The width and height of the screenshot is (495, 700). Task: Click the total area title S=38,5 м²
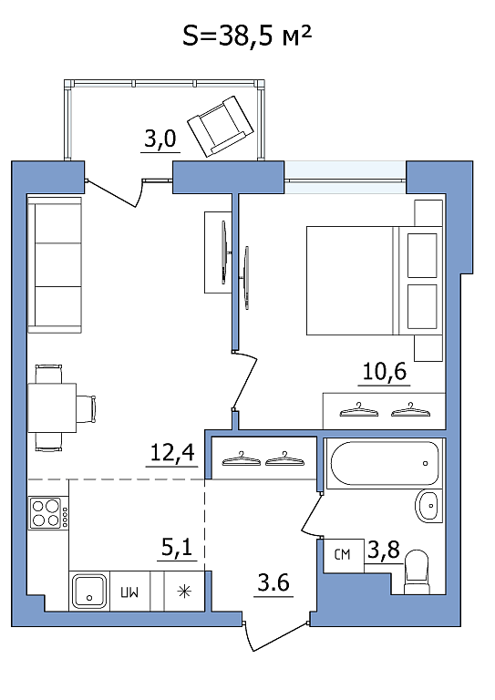pos(246,36)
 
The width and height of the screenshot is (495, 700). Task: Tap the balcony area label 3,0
pos(160,139)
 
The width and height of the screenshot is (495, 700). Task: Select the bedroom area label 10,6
pos(385,371)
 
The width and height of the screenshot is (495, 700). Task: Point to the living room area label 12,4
pos(172,453)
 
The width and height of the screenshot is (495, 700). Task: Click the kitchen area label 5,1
pos(177,547)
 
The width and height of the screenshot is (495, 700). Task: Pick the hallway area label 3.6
pos(273,582)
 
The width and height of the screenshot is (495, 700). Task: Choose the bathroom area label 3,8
pos(384,550)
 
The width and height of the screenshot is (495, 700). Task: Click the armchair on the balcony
pos(221,127)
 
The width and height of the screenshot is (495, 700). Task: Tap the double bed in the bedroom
pos(375,281)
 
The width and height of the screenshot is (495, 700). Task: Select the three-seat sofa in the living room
pos(55,264)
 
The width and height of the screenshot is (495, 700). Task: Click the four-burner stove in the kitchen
pos(48,513)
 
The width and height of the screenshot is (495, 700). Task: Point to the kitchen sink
pos(89,592)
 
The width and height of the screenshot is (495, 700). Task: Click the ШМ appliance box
pos(129,592)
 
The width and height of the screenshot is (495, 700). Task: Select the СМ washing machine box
pos(343,555)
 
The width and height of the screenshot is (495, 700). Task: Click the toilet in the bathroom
pos(417,572)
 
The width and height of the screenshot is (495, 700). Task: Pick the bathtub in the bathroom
pos(384,464)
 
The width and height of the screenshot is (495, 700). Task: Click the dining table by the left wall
pos(52,408)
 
